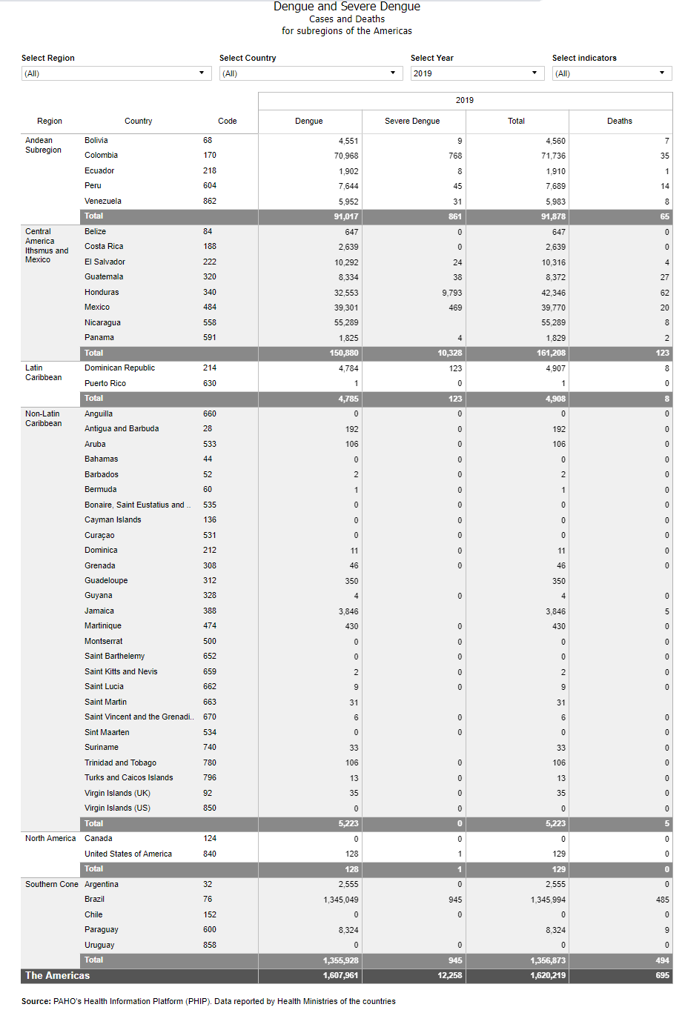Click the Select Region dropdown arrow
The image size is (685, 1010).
[x=201, y=73]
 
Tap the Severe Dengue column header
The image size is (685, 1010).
[x=412, y=121]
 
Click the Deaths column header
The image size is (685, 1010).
[x=620, y=121]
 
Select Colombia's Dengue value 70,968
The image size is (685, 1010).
[x=346, y=156]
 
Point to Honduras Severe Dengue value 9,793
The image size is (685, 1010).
[x=451, y=293]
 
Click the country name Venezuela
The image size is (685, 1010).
[x=103, y=201]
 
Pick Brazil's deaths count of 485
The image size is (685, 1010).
[x=662, y=900]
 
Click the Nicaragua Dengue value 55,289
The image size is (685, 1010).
[x=346, y=323]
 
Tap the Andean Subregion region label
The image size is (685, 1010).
[x=44, y=145]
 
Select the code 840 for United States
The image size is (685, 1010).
[x=210, y=854]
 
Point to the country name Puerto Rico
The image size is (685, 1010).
[x=105, y=383]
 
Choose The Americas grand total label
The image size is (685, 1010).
[x=57, y=975]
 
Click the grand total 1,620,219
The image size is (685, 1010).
[x=548, y=975]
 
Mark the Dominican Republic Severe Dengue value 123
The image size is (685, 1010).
[x=455, y=368]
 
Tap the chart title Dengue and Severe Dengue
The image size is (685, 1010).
[x=347, y=7]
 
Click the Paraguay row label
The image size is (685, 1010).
[x=102, y=929]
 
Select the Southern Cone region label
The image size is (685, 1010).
[x=51, y=884]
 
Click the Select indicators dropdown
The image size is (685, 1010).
[x=612, y=73]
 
